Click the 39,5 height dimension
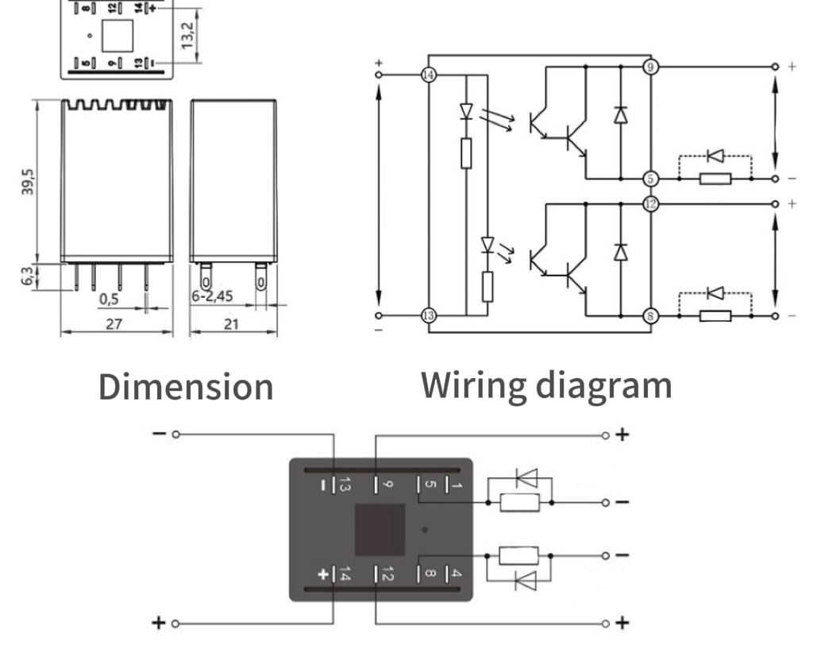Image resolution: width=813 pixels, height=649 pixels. [x=30, y=182]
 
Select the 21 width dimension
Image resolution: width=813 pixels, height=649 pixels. [x=232, y=323]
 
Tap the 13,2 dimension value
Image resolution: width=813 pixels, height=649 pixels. [x=188, y=36]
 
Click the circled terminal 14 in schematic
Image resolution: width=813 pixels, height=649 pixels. [x=429, y=75]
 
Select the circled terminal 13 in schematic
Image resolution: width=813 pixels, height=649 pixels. [x=429, y=315]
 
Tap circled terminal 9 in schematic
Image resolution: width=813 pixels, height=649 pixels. [x=650, y=67]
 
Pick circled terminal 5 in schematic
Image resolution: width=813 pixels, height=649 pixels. [x=650, y=179]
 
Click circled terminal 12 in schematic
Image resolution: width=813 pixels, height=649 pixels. [x=650, y=203]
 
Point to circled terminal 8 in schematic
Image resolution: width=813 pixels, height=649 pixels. [x=650, y=315]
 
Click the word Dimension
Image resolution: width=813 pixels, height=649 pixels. [x=186, y=387]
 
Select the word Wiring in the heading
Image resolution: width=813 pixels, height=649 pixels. [x=472, y=385]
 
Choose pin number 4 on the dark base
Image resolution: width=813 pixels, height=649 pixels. [x=457, y=572]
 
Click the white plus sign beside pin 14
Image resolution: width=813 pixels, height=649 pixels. [x=323, y=574]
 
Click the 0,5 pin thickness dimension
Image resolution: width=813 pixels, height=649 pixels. [x=110, y=299]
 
